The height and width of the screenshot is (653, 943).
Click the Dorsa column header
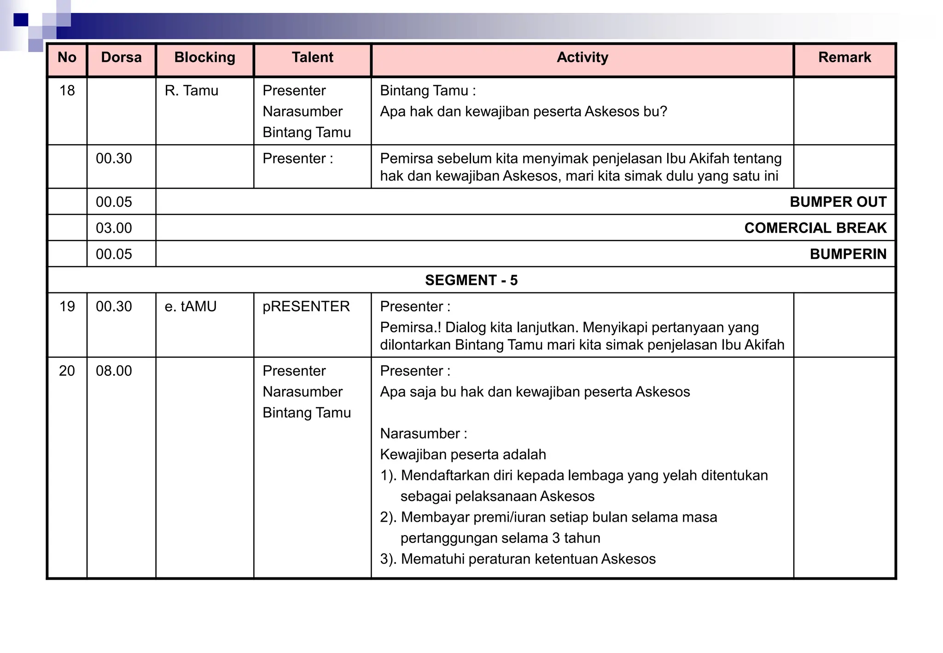pyautogui.click(x=121, y=58)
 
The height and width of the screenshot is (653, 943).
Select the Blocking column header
pyautogui.click(x=204, y=58)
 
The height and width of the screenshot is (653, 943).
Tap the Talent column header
pyautogui.click(x=312, y=58)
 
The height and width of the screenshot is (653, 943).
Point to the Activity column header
pyautogui.click(x=582, y=58)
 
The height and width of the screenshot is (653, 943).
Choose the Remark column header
pyautogui.click(x=844, y=58)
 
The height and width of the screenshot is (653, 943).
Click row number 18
pyautogui.click(x=67, y=91)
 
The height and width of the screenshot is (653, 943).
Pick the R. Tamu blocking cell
pyautogui.click(x=192, y=91)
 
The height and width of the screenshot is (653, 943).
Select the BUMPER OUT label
pyautogui.click(x=838, y=202)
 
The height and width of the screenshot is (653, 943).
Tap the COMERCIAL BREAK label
pyautogui.click(x=815, y=228)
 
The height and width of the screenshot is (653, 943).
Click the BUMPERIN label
pyautogui.click(x=848, y=254)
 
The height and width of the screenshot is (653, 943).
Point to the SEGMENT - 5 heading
pyautogui.click(x=471, y=280)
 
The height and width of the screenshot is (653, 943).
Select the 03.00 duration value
pyautogui.click(x=114, y=228)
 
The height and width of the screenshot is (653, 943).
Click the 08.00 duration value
pyautogui.click(x=114, y=371)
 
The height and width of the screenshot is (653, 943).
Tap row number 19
pyautogui.click(x=67, y=307)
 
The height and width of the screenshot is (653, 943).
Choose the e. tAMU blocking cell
pyautogui.click(x=191, y=307)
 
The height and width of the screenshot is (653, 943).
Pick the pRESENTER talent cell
pyautogui.click(x=306, y=307)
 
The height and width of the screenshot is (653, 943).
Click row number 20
pyautogui.click(x=67, y=371)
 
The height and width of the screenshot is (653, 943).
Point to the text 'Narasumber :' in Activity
pyautogui.click(x=424, y=434)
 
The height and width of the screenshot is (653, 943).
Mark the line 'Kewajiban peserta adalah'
pyautogui.click(x=463, y=455)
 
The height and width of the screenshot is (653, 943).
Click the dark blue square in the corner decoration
pyautogui.click(x=21, y=20)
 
